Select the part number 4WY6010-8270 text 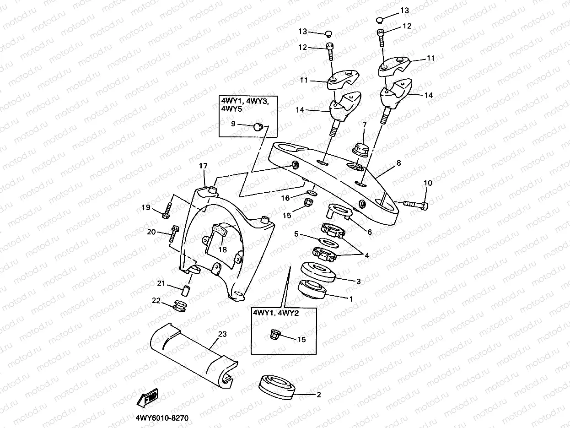click(x=162, y=418)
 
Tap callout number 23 click(x=222, y=335)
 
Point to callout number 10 click(x=428, y=184)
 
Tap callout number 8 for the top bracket click(x=398, y=163)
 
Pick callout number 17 click(x=204, y=166)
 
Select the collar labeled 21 click(x=186, y=291)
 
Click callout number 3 click(x=358, y=281)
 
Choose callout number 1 click(x=350, y=300)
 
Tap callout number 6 click(x=369, y=232)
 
